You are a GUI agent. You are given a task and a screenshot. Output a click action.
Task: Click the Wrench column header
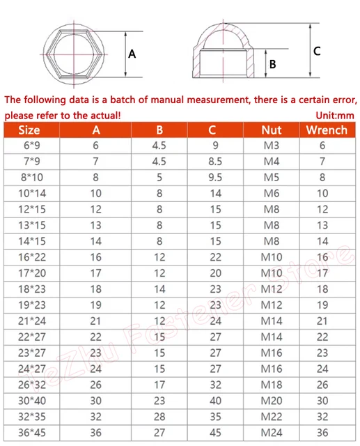tap(327, 130)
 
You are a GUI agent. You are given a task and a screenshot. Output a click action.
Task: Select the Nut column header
tap(271, 130)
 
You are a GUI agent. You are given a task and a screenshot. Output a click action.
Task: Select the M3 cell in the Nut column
tap(271, 146)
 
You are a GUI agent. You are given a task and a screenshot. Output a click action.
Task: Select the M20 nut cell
tap(271, 400)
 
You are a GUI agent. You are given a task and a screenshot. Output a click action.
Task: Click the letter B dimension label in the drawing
tap(273, 64)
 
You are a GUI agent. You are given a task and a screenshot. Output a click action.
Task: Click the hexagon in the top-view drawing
tap(73, 53)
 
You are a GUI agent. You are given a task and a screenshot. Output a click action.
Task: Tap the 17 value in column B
tap(159, 384)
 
